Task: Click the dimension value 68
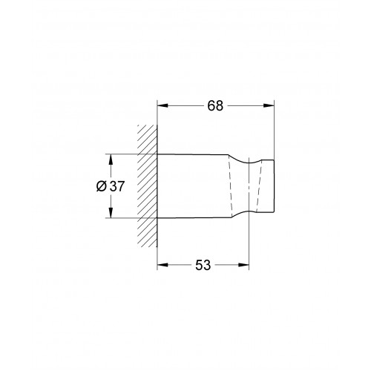pyautogui.click(x=215, y=105)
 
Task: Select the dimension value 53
pyautogui.click(x=203, y=265)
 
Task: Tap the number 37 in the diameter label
pyautogui.click(x=116, y=186)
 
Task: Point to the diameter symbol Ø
pyautogui.click(x=102, y=186)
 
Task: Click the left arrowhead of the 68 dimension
pyautogui.click(x=162, y=105)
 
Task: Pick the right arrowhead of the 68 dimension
pyautogui.click(x=269, y=105)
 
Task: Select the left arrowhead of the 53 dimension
pyautogui.click(x=162, y=265)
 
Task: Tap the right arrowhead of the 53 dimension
pyautogui.click(x=243, y=265)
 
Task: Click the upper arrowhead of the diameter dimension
pyautogui.click(x=111, y=160)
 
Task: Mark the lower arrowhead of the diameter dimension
pyautogui.click(x=111, y=213)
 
